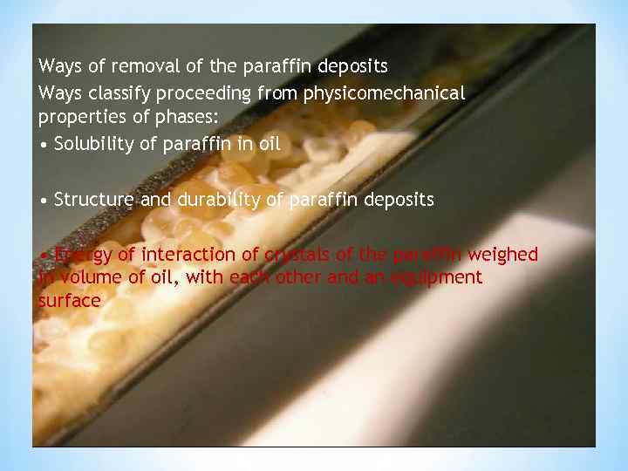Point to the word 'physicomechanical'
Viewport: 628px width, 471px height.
tap(384, 92)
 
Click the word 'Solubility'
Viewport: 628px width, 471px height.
tap(92, 145)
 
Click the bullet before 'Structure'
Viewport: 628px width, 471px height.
tap(44, 201)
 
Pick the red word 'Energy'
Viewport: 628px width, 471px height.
tap(81, 255)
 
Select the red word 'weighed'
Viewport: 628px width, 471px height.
tap(503, 255)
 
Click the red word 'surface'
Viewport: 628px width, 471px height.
tap(69, 301)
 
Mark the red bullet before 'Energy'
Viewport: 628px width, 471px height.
tap(44, 256)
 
